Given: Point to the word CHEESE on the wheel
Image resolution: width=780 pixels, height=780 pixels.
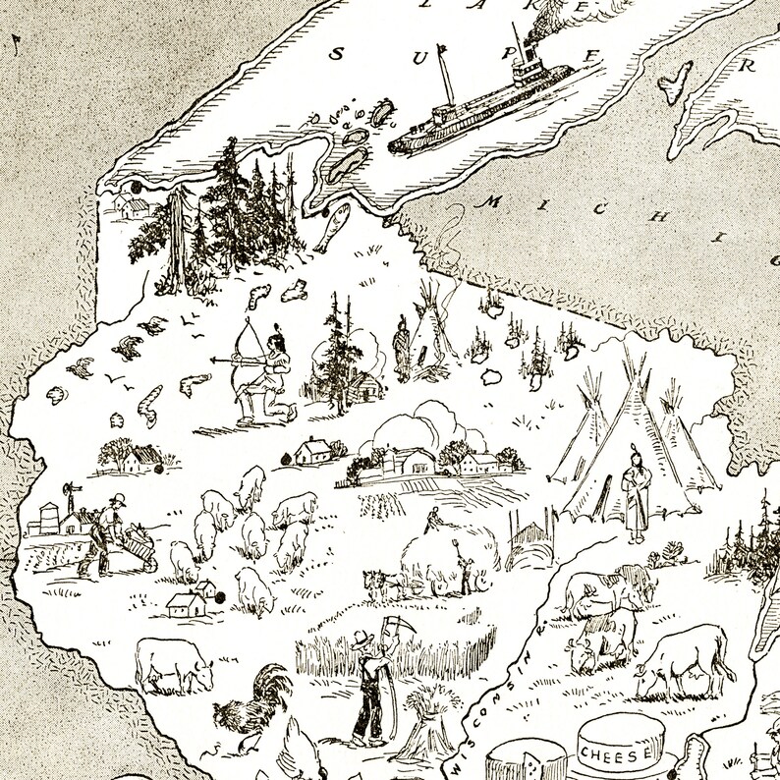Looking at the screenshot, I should click(617, 753).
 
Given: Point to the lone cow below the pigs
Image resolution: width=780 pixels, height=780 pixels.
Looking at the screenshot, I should click(173, 664).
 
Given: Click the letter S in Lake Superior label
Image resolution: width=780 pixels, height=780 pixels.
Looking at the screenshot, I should click(336, 54).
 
